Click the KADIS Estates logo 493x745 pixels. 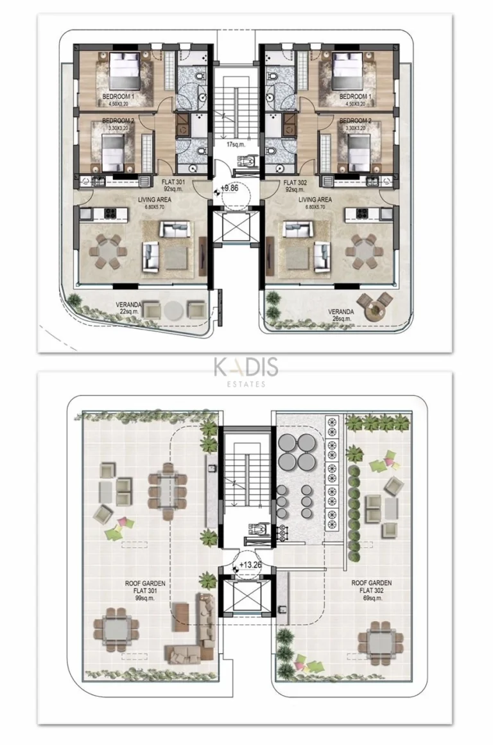click(x=246, y=371)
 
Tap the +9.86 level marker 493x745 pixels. click(x=229, y=188)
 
